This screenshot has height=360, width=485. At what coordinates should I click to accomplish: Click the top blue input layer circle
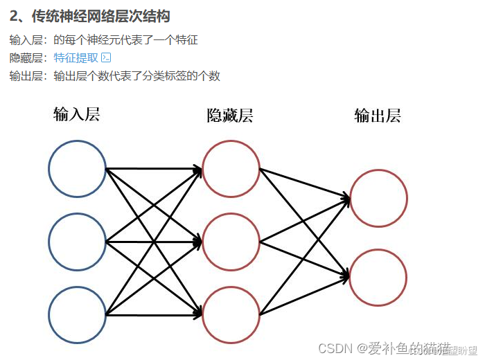[x=78, y=168]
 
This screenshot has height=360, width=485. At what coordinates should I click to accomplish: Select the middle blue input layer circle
[x=78, y=241]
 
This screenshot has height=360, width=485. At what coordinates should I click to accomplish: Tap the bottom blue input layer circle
[x=78, y=314]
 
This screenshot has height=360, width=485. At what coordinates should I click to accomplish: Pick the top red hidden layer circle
[x=231, y=168]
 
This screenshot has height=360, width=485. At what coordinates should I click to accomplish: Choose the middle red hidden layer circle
[x=231, y=242]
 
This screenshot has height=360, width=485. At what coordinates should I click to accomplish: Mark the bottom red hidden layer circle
[x=231, y=314]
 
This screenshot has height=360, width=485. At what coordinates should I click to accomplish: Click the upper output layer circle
[x=378, y=198]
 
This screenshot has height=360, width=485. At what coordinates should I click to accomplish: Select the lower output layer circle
[x=378, y=277]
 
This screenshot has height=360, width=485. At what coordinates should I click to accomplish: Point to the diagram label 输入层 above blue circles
[x=77, y=114]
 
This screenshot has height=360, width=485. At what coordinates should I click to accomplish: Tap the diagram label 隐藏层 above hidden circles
[x=230, y=115]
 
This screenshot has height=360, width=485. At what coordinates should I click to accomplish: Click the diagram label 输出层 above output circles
[x=378, y=116]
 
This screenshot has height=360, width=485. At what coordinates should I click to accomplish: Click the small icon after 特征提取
[x=106, y=57]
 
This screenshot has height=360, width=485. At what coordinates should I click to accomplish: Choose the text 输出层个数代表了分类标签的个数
[x=136, y=76]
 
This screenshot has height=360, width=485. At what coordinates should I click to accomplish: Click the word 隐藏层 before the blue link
[x=26, y=58]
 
